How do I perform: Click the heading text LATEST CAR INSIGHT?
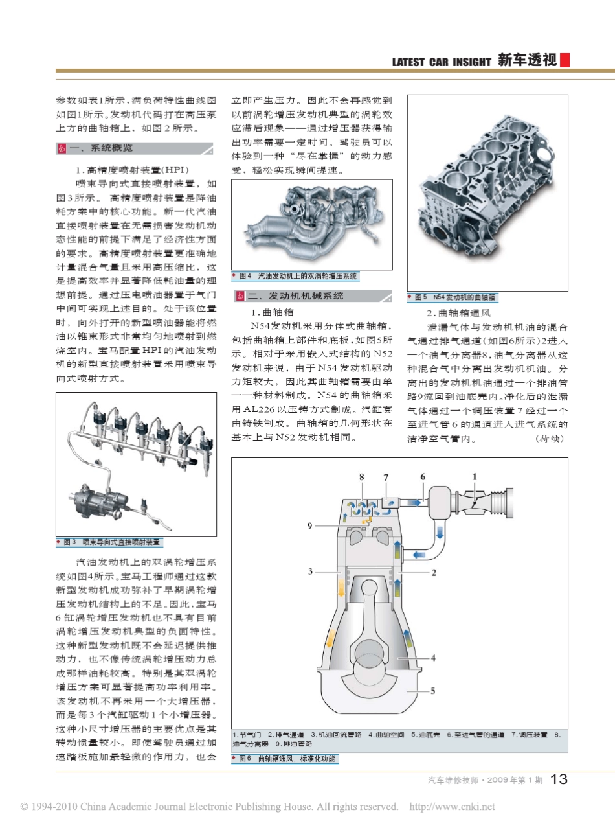442,62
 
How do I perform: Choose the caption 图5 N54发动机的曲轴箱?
453,297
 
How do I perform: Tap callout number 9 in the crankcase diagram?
309,525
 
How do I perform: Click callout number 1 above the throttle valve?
475,476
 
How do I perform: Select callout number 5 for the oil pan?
433,691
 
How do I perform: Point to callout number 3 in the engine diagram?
310,571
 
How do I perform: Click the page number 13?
559,779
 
